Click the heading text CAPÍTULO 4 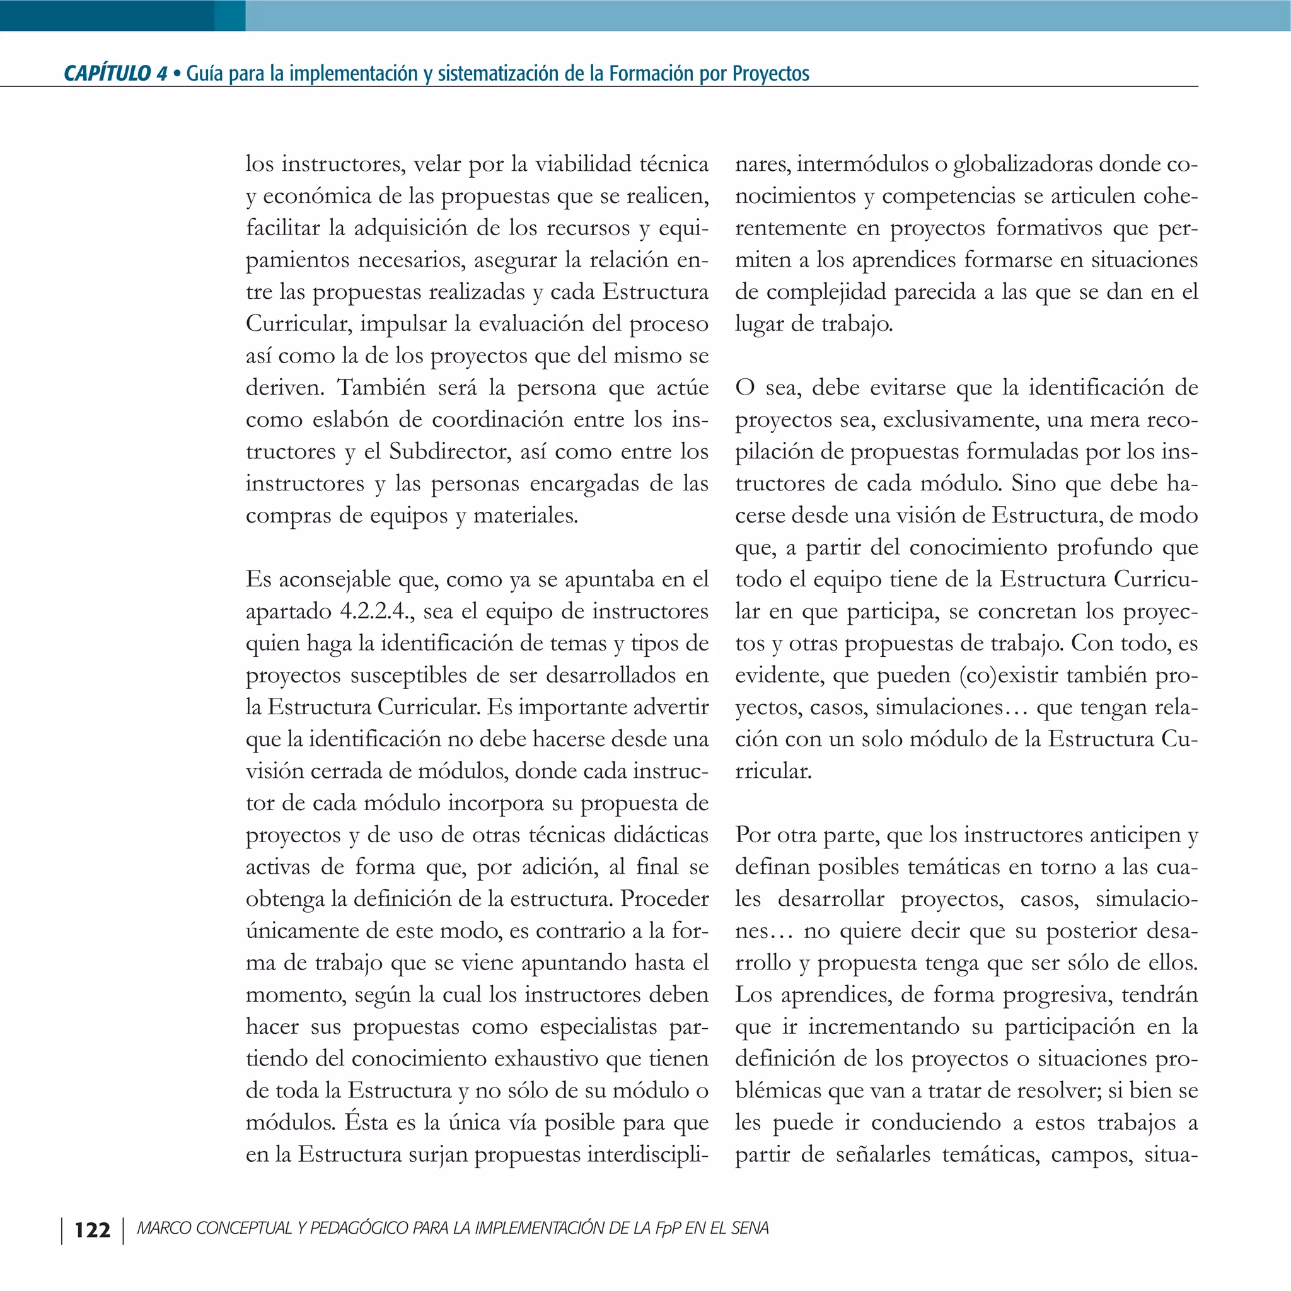tap(115, 73)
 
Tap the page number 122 tap(92, 1229)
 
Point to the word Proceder tap(664, 899)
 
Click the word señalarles tap(883, 1155)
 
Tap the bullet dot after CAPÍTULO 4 tap(177, 74)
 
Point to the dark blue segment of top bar tap(107, 14)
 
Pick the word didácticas tap(661, 835)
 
